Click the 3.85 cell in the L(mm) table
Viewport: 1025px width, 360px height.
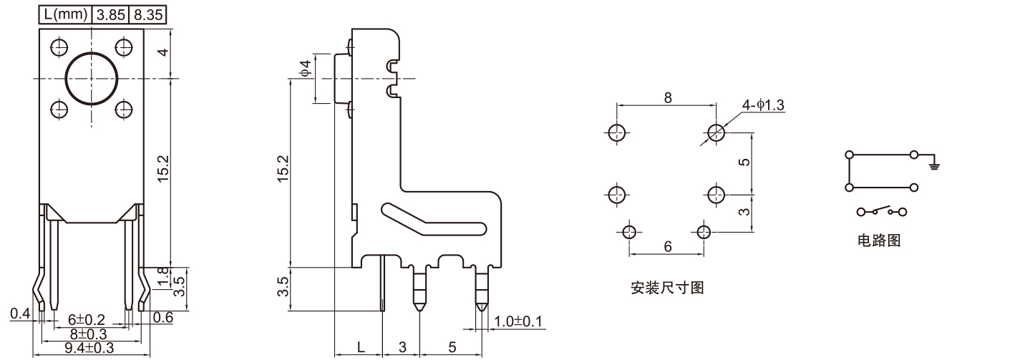[110, 14]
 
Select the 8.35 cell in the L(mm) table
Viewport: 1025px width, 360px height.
[148, 14]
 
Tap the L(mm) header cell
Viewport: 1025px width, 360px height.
[65, 14]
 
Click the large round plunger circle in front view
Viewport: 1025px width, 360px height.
[92, 78]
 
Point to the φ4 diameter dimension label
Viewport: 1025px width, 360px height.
[306, 69]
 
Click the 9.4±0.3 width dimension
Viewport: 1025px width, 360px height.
[90, 349]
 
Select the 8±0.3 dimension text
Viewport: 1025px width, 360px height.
[87, 334]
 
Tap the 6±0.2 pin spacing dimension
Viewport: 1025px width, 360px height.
[87, 319]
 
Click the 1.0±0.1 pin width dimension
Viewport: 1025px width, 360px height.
[518, 321]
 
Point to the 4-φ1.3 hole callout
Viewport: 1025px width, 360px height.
[763, 105]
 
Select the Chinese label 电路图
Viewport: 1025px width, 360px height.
[879, 240]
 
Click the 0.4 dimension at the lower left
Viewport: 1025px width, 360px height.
[19, 313]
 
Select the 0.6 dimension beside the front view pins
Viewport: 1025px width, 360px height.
[162, 318]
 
